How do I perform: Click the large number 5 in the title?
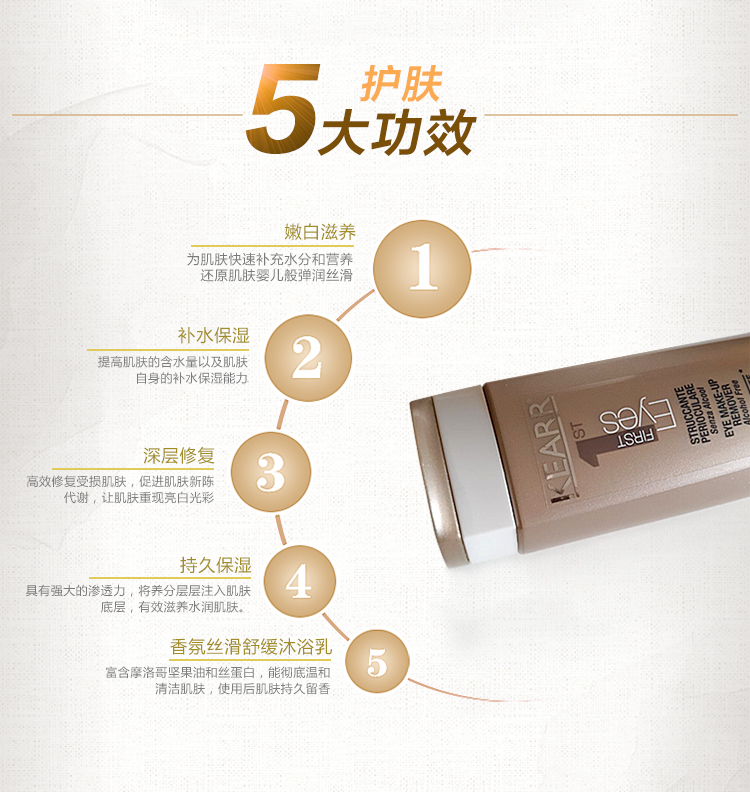284,108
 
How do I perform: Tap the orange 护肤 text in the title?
402,84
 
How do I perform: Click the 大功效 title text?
397,133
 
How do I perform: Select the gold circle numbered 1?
422,268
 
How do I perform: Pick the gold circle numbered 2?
308,358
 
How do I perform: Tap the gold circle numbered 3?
271,472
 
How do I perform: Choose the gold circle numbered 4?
299,581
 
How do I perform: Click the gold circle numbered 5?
377,662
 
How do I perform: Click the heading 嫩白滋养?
320,232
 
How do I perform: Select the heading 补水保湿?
214,336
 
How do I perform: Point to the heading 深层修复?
179,456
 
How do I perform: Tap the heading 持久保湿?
215,565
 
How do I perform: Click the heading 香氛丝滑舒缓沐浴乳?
251,647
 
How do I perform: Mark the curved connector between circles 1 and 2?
356,305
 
